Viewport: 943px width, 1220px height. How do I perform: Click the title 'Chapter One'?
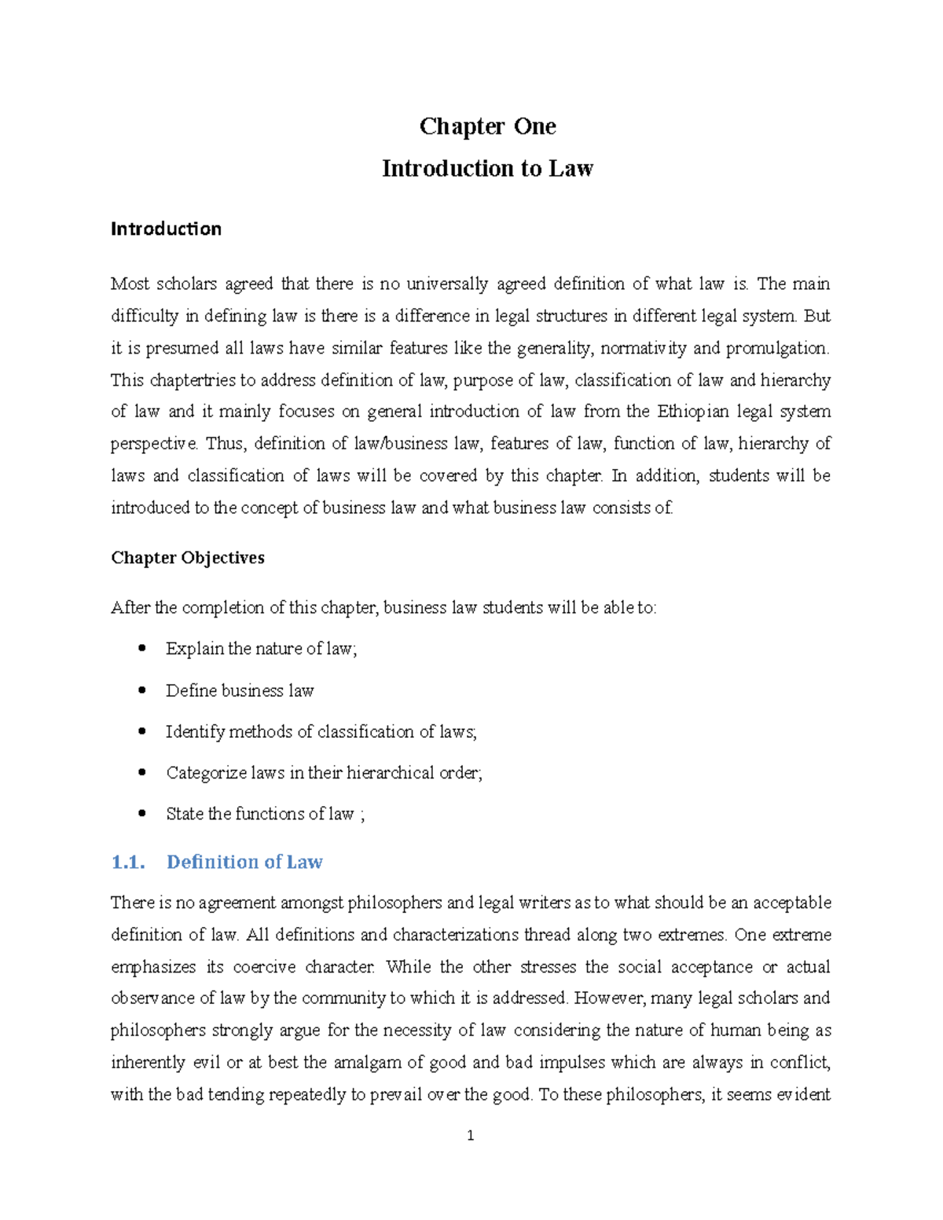[x=487, y=126]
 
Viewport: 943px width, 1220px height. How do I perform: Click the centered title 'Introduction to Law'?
[x=487, y=169]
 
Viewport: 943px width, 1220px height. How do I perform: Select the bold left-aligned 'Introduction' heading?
[x=166, y=229]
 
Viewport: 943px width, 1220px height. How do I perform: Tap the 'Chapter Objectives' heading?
[x=188, y=558]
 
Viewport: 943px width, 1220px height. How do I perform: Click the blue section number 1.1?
[x=128, y=863]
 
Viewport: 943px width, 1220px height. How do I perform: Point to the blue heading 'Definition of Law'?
[x=244, y=863]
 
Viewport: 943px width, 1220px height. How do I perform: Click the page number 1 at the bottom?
[x=471, y=1135]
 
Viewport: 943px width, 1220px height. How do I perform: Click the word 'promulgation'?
[x=776, y=348]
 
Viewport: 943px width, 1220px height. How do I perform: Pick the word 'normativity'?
[x=644, y=348]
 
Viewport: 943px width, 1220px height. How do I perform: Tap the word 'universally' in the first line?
[x=444, y=284]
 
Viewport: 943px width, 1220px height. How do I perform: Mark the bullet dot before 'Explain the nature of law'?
[x=142, y=649]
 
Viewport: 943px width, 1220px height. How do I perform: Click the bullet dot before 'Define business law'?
[x=142, y=691]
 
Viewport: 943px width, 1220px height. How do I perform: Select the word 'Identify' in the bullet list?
[x=194, y=732]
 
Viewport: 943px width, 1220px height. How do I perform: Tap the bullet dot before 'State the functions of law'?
[x=142, y=814]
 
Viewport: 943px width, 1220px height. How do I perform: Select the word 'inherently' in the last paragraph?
[x=149, y=1063]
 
